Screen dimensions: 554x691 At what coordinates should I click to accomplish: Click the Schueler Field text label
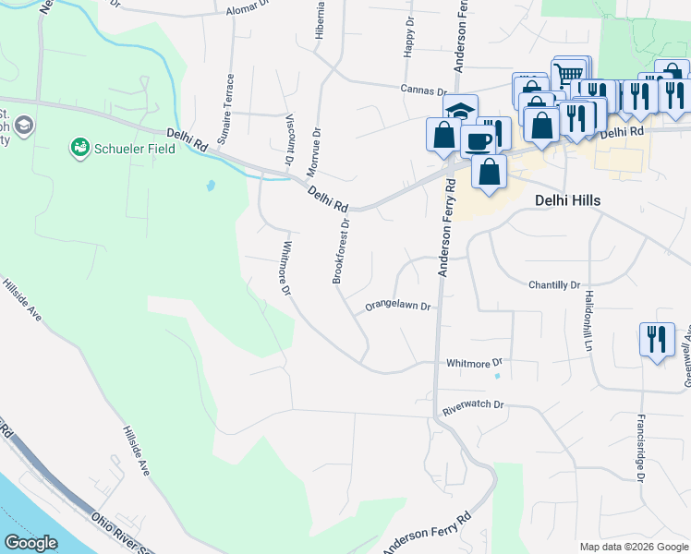(x=136, y=147)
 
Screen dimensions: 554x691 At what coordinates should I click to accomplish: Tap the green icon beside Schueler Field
(x=80, y=147)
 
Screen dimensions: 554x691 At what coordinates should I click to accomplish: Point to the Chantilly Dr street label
(x=553, y=285)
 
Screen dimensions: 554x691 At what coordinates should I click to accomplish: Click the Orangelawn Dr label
(x=398, y=305)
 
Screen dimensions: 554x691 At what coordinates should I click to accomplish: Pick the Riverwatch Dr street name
(x=472, y=404)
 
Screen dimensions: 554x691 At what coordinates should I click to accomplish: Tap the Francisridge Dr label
(x=638, y=447)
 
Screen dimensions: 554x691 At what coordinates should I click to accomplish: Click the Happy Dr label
(x=407, y=37)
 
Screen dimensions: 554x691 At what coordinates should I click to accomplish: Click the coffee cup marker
(x=478, y=141)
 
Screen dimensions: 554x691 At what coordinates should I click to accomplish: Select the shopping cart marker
(x=571, y=73)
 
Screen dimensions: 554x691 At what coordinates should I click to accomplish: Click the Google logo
(x=30, y=543)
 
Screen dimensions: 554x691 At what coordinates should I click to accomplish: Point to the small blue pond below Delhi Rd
(x=211, y=185)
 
